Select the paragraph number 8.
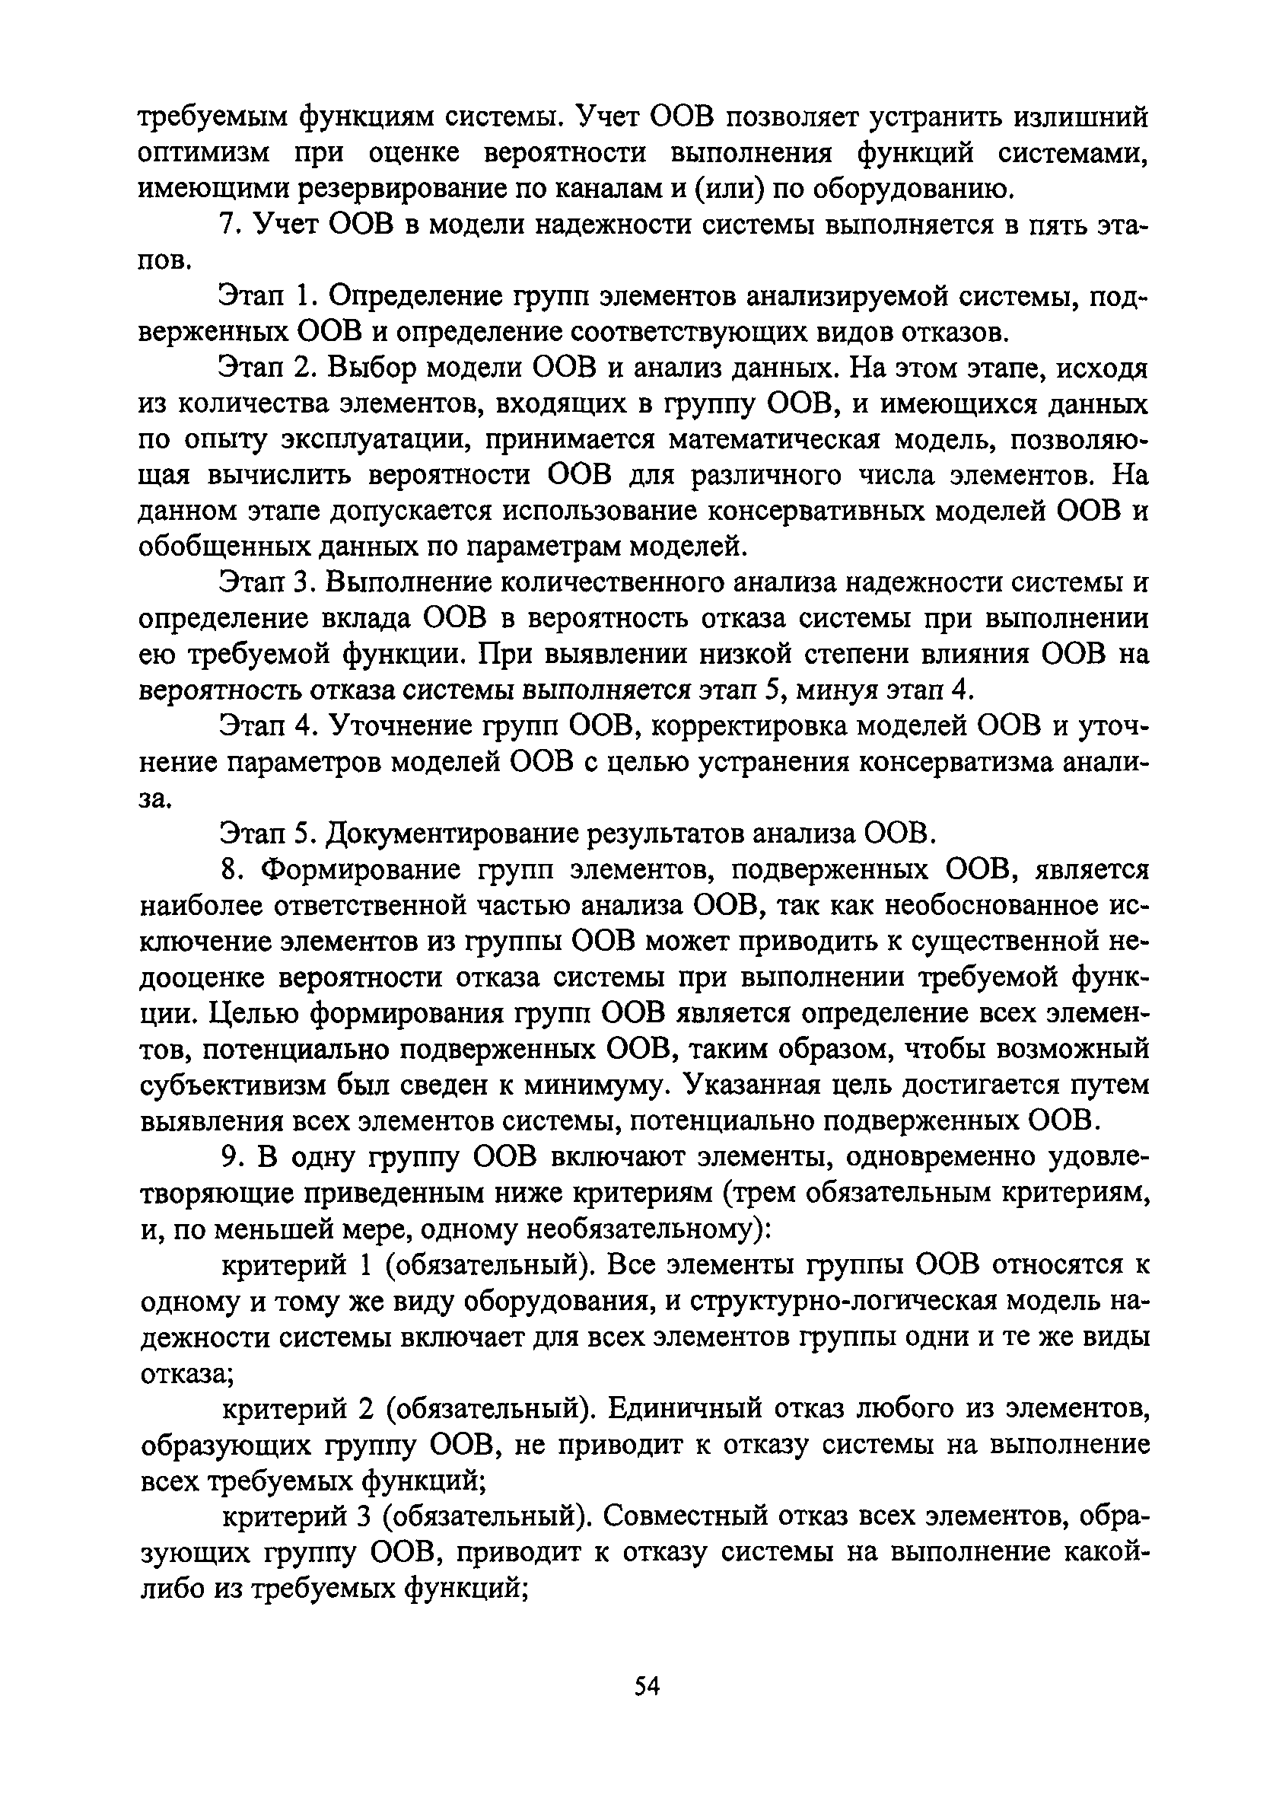(228, 869)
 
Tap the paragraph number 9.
(228, 1157)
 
